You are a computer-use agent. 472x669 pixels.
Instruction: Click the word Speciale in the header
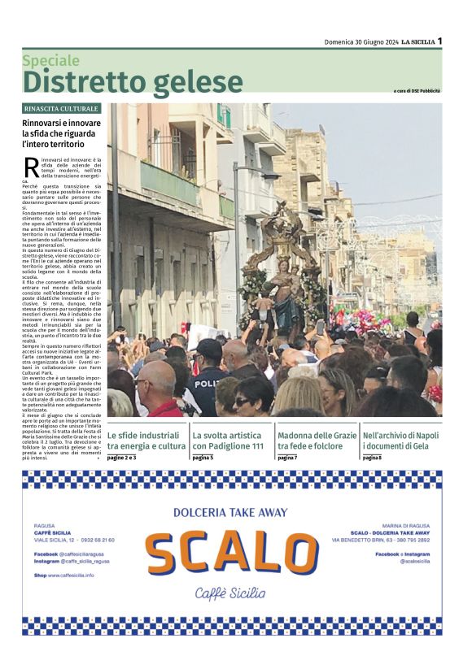pos(51,60)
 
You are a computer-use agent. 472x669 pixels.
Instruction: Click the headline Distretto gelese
pos(133,82)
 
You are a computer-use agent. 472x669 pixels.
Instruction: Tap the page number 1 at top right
pos(439,41)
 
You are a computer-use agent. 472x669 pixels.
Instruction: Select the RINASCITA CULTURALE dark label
pos(62,108)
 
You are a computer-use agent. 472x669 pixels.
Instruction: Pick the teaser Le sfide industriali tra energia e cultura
pos(146,441)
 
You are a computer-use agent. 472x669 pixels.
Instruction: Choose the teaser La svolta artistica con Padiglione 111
pos(229,441)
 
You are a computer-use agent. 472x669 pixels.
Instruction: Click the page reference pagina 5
pos(203,458)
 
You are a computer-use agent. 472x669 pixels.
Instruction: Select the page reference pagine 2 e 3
pos(122,458)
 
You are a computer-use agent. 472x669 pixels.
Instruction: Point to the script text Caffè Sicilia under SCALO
pos(230,593)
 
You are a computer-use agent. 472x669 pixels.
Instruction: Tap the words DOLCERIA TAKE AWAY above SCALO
pos(230,512)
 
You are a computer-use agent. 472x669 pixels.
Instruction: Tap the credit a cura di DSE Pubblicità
pos(417,90)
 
